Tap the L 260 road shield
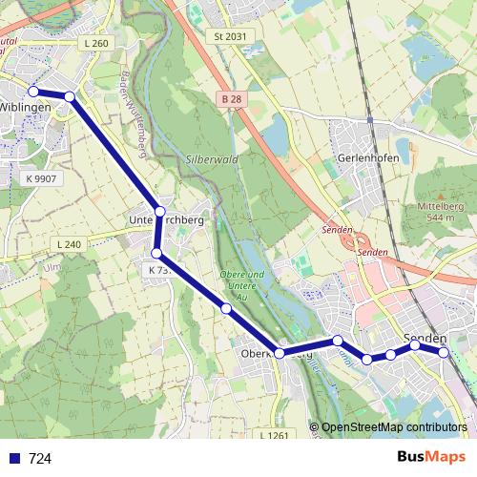pos(96,44)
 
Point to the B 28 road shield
pos(229,98)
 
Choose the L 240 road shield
pos(69,245)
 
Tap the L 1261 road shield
pos(274,435)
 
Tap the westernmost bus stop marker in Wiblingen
pos(33,92)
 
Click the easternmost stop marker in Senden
pos(444,353)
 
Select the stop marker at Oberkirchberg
pos(280,353)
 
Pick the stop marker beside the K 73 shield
pos(156,253)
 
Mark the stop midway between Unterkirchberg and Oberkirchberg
pos(226,309)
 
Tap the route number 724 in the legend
pos(40,459)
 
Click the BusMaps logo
pos(431,457)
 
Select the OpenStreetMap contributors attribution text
pos(394,427)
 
